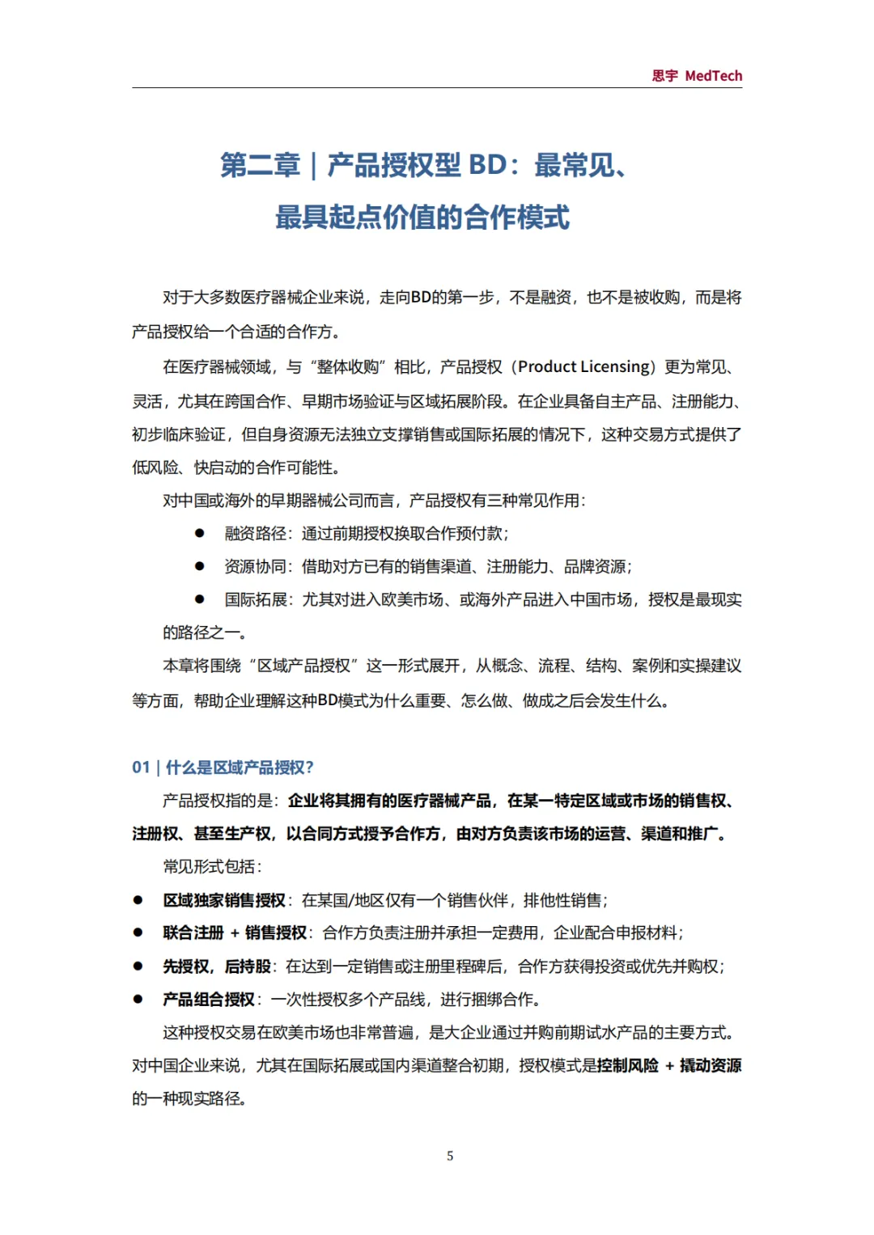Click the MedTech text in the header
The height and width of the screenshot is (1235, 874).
(713, 76)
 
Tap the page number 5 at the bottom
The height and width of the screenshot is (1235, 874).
(450, 1156)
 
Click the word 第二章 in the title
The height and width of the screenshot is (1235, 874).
(260, 166)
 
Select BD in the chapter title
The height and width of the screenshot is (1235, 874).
(487, 166)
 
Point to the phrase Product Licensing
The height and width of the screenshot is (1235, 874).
(585, 367)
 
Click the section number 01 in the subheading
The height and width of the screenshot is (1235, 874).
(141, 768)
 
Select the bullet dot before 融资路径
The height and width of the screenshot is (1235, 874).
(199, 533)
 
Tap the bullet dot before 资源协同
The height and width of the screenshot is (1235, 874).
(199, 566)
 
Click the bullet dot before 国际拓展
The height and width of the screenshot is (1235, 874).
(199, 599)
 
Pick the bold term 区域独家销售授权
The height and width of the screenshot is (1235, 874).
(224, 900)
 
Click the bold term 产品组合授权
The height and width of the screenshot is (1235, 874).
(209, 1000)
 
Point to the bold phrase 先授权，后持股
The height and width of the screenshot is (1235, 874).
(216, 966)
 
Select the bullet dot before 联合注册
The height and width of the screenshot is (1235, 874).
(138, 933)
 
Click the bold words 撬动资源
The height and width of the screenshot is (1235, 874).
(711, 1066)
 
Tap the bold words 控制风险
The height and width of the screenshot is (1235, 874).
(628, 1066)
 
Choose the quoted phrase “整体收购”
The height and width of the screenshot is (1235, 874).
(347, 367)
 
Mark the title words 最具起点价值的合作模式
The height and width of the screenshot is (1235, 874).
(422, 218)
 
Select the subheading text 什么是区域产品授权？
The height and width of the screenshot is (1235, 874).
(240, 768)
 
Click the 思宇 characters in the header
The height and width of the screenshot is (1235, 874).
(664, 76)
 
